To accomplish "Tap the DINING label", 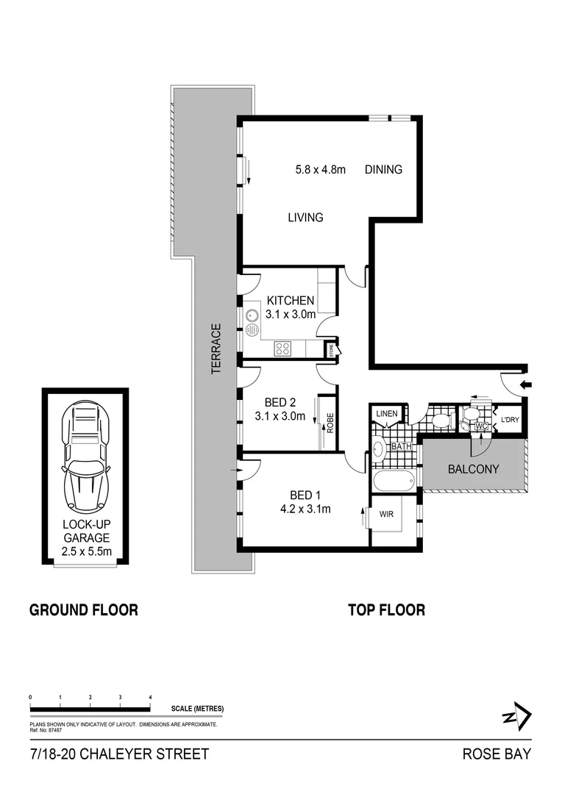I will click(383, 170).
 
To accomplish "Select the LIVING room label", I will click(305, 218).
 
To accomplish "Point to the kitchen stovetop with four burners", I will click(283, 349).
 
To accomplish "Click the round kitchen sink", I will click(252, 315).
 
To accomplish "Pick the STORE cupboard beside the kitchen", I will click(332, 351).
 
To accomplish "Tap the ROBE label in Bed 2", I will click(330, 423).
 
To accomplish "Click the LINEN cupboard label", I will click(386, 414).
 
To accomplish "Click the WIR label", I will click(386, 515).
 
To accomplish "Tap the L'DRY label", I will click(510, 421).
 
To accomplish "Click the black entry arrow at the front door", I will click(524, 385).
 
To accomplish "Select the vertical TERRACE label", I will click(216, 349).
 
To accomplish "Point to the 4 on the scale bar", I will click(150, 695).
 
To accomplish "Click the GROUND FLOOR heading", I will click(83, 609).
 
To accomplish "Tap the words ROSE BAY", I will click(497, 754).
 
